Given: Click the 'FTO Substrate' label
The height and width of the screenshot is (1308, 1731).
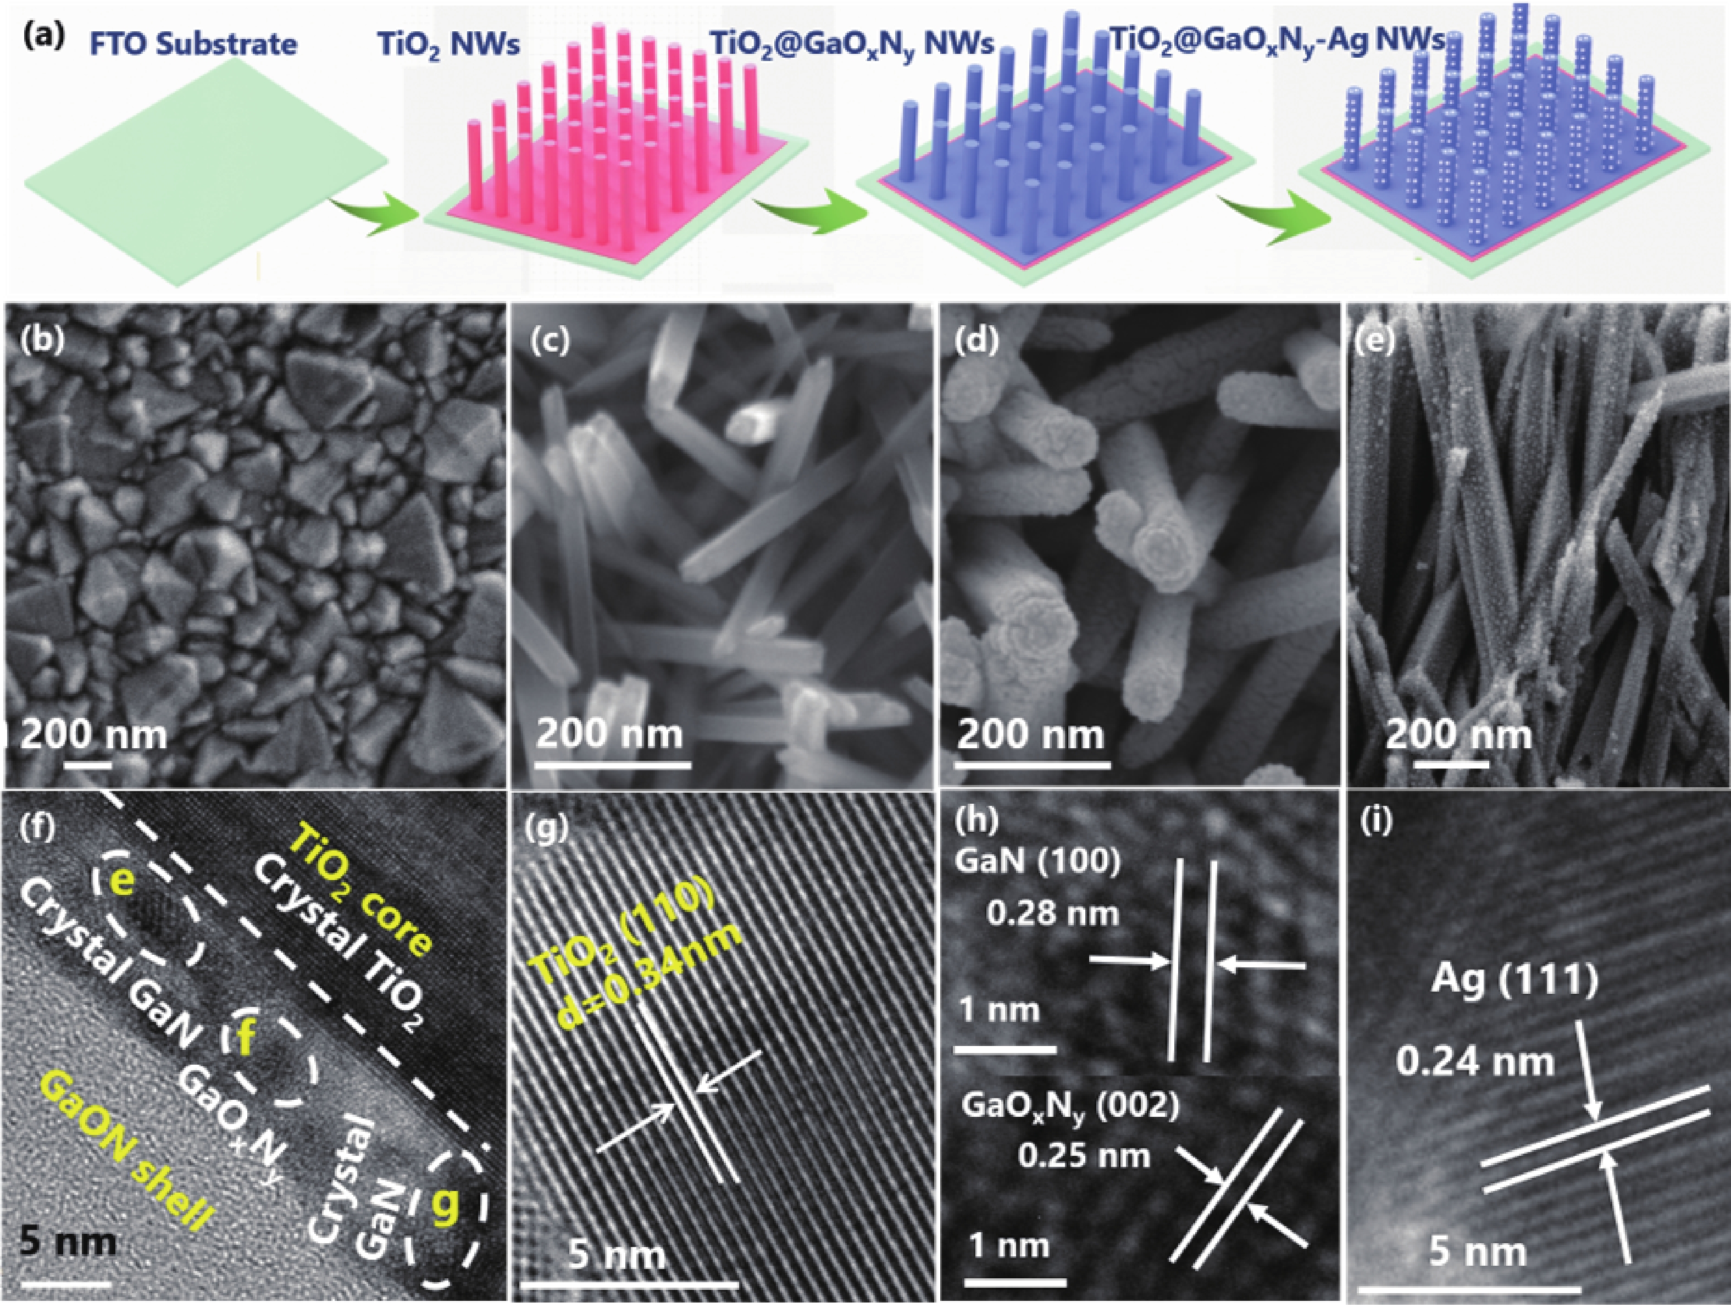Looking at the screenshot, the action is pyautogui.click(x=193, y=44).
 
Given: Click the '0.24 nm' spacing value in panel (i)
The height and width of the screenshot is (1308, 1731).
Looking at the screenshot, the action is pyautogui.click(x=1475, y=1061).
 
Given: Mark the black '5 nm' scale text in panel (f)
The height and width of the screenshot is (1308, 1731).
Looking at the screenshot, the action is pyautogui.click(x=69, y=1240).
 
